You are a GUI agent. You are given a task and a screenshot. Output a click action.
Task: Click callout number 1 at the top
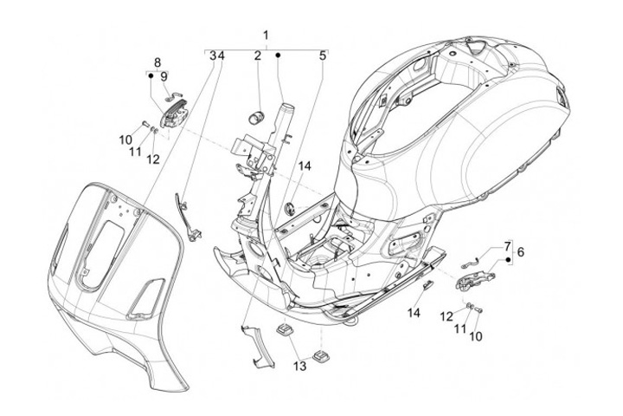pyautogui.click(x=266, y=35)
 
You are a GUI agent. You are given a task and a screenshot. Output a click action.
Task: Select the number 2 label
pyautogui.click(x=258, y=55)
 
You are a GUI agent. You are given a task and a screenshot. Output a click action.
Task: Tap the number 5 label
pyautogui.click(x=323, y=55)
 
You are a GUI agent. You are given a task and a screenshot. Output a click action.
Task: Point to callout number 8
pyautogui.click(x=157, y=62)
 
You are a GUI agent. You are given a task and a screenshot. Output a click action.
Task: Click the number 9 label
pyautogui.click(x=164, y=77)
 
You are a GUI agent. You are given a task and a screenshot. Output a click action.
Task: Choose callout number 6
pyautogui.click(x=521, y=251)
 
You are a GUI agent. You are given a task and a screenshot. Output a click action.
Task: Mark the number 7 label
pyautogui.click(x=507, y=246)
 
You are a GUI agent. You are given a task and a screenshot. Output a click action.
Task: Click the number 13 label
pyautogui.click(x=300, y=366)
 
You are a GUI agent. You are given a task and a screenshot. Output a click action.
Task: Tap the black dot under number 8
pyautogui.click(x=151, y=75)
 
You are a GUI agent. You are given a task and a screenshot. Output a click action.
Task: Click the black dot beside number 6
pyautogui.click(x=508, y=259)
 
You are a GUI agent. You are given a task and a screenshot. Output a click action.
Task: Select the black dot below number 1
pyautogui.click(x=278, y=55)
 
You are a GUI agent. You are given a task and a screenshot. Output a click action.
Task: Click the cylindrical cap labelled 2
pyautogui.click(x=254, y=118)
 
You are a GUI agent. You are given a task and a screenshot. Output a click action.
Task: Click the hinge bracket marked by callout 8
pyautogui.click(x=174, y=114)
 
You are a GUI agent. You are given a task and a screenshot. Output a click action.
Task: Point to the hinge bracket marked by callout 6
pyautogui.click(x=474, y=279)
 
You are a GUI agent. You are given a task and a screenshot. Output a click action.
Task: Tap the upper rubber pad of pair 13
pyautogui.click(x=284, y=329)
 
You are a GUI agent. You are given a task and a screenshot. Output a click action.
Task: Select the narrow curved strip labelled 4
pyautogui.click(x=187, y=217)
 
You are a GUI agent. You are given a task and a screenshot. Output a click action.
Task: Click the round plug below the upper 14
pyautogui.click(x=291, y=208)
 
